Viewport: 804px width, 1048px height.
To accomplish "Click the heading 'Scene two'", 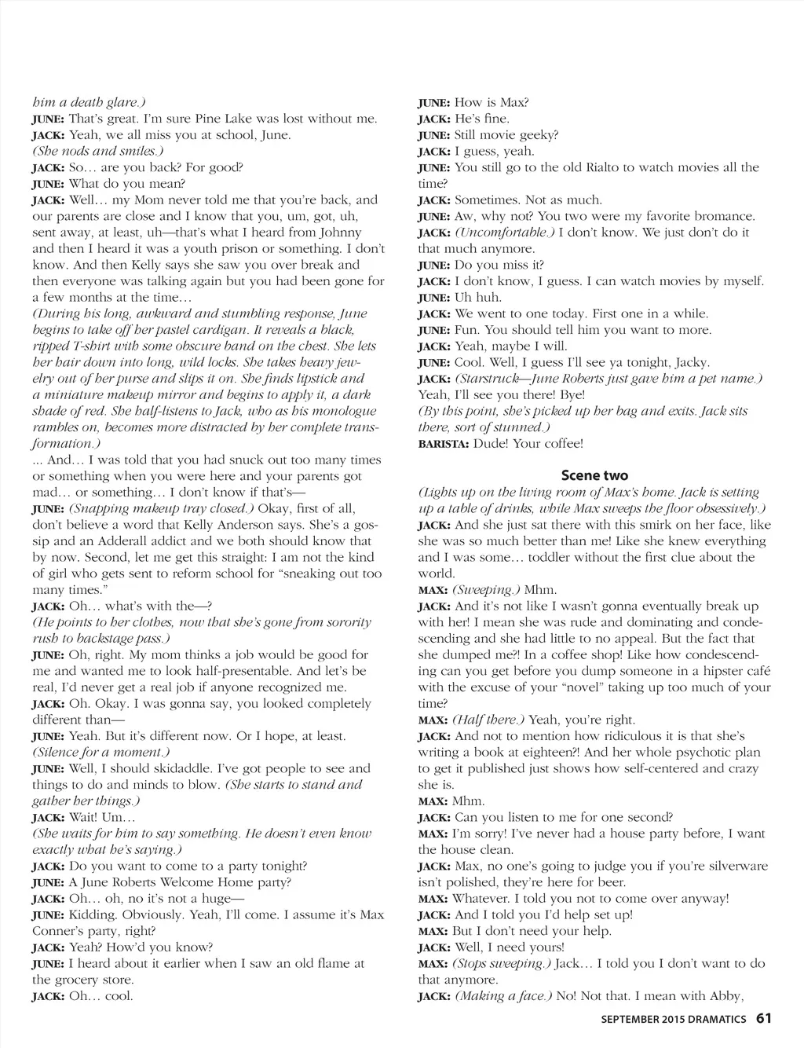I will click(x=594, y=475).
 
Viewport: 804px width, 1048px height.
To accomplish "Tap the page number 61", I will click(x=764, y=1018).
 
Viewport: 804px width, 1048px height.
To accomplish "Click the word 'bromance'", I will click(x=724, y=216).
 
